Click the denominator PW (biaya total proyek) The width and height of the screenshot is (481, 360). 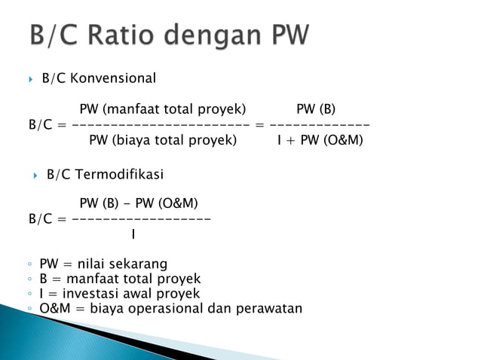click(163, 140)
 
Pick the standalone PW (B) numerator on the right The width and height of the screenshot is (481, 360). click(316, 108)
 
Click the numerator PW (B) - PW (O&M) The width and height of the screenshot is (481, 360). click(139, 203)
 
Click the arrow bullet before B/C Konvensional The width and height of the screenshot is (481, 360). click(30, 78)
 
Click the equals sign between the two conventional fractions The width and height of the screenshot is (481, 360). click(259, 124)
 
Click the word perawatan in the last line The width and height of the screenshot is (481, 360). click(268, 308)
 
